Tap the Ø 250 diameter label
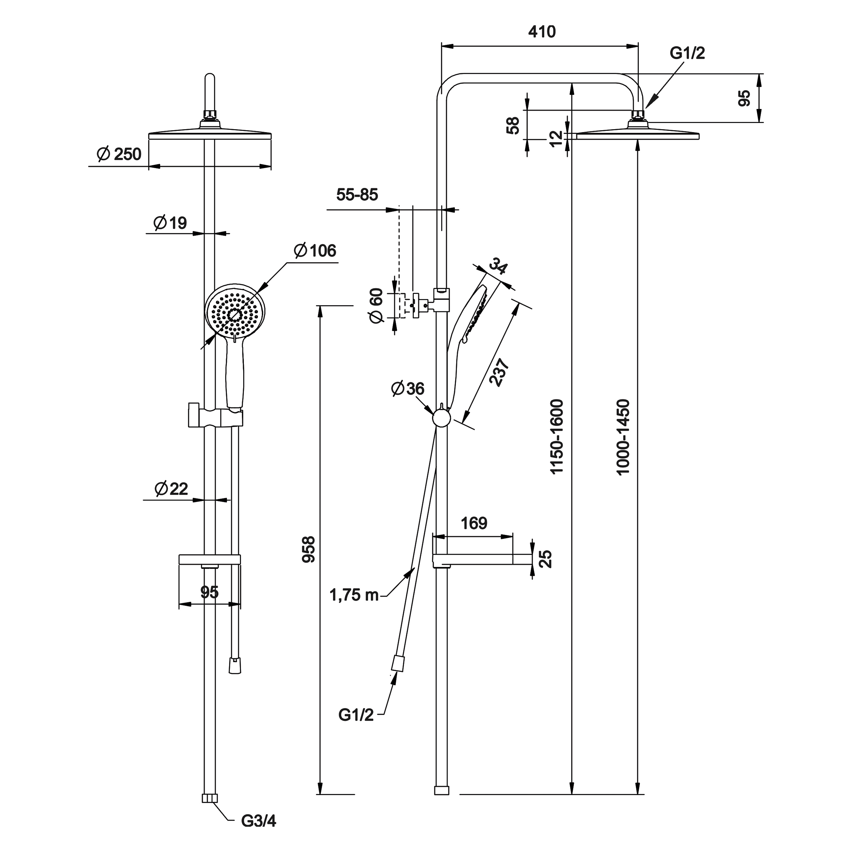pos(119,154)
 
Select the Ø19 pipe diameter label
pos(170,223)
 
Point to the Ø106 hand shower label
pos(315,250)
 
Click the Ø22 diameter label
pos(171,489)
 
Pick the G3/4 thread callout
pos(258,821)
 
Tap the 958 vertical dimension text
pos(309,549)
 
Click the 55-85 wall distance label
pos(357,194)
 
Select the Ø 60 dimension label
pos(376,306)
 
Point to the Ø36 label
pos(408,388)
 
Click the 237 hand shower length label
pos(499,373)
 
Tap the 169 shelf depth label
pos(474,523)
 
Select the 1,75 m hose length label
pos(354,595)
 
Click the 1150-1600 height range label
pos(557,436)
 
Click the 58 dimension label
pos(513,126)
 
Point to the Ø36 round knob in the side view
pos(442,417)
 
